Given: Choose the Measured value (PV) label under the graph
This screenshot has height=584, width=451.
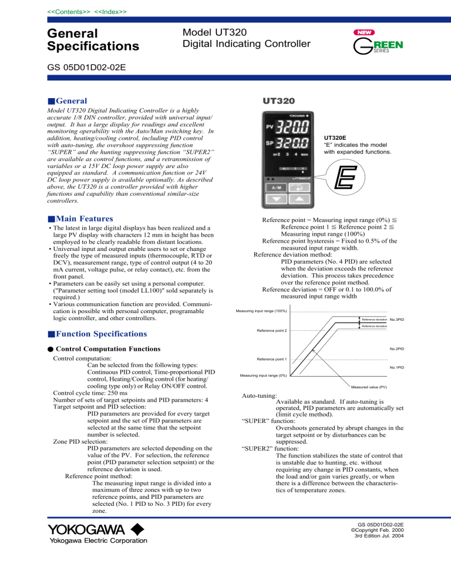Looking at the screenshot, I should point(369,387).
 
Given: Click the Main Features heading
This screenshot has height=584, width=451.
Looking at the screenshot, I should point(87,219).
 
